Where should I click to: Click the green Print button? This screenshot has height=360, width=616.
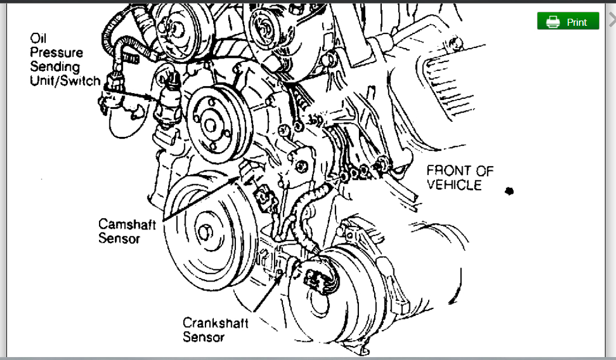568,22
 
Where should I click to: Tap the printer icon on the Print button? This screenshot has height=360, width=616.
552,22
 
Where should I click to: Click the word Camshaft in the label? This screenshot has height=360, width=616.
119,224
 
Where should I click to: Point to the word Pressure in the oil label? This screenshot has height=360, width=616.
57,53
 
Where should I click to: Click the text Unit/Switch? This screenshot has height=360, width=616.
65,81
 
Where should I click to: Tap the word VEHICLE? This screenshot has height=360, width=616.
454,186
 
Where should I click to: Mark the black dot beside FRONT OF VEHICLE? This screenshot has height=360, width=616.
509,191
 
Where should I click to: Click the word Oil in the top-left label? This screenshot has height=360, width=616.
38,39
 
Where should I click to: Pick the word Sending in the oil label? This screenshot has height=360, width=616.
55,67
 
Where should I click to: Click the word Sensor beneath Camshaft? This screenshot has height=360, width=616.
119,238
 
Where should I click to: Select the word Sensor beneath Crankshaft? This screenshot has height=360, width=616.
203,337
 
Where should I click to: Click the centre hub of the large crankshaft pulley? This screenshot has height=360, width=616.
204,232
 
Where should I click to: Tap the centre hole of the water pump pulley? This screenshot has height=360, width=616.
210,124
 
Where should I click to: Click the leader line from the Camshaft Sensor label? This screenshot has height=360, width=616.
199,196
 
